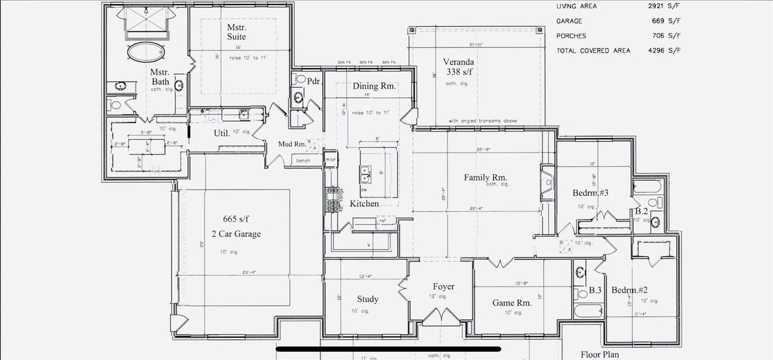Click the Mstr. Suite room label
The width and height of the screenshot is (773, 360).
(x=236, y=32)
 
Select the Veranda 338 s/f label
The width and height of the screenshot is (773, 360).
(x=459, y=67)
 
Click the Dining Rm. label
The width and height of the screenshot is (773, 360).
(x=374, y=86)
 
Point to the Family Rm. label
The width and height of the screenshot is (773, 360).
(x=486, y=178)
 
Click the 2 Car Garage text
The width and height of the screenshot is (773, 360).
(x=235, y=234)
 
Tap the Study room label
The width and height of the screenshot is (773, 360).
(x=367, y=299)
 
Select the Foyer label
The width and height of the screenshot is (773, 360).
(x=444, y=287)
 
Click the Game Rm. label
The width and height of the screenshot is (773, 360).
(x=512, y=303)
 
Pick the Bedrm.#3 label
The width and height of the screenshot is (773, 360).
(x=591, y=193)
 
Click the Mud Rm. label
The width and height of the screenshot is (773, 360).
(x=292, y=145)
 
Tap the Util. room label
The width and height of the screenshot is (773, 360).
(x=221, y=133)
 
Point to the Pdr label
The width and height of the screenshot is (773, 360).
(x=313, y=81)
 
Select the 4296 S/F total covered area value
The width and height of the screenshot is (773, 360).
(x=667, y=51)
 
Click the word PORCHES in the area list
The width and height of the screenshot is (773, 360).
(x=571, y=36)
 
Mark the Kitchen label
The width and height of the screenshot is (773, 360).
(x=364, y=204)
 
